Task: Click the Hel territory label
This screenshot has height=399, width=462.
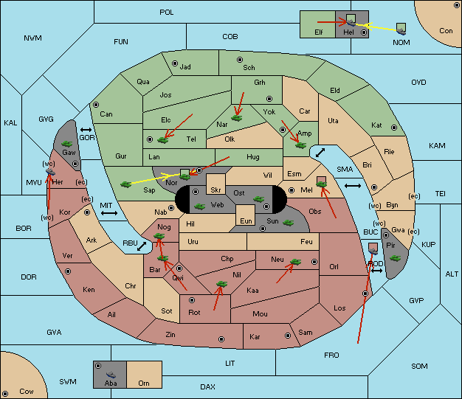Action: pos(348,32)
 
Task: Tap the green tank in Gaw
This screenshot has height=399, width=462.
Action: pos(67,144)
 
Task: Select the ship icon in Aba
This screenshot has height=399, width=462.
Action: pos(111,375)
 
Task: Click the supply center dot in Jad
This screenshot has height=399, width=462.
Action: pos(175,63)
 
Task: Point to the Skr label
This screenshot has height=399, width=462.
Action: pos(216,190)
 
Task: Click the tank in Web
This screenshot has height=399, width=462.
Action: pos(200,206)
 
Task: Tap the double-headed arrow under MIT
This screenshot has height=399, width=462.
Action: pos(109,213)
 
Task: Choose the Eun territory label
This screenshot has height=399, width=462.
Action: pos(246,221)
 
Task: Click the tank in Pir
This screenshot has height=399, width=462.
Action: pos(395,258)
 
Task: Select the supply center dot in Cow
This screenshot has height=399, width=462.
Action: pos(5,393)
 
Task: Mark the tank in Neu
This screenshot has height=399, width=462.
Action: pos(295,262)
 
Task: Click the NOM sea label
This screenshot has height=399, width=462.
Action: pos(401,42)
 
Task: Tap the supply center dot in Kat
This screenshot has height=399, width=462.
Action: pos(394,128)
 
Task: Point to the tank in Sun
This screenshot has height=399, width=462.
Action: pos(288,223)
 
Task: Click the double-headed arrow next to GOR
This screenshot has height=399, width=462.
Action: pos(86,130)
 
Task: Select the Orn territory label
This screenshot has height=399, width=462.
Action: pos(144,383)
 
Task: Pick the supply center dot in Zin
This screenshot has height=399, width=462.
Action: pos(221,339)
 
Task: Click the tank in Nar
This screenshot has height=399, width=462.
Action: pos(237,118)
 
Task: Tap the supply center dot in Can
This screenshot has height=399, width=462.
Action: pos(96,105)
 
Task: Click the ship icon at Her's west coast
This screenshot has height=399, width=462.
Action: pos(50,172)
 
